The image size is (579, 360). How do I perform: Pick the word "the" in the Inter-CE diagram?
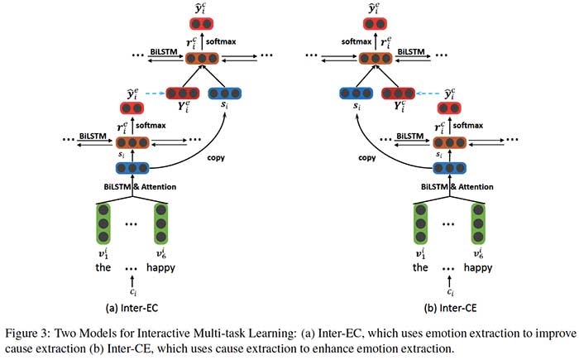(x=421, y=267)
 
